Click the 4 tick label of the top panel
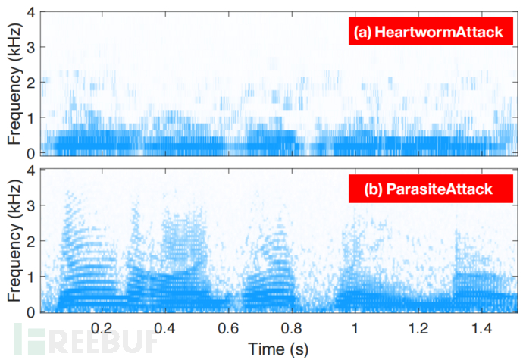point(30,14)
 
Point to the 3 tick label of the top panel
point(30,49)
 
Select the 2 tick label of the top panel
point(30,83)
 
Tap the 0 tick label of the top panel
point(30,153)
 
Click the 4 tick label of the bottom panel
point(30,171)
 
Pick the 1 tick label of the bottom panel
point(30,277)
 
